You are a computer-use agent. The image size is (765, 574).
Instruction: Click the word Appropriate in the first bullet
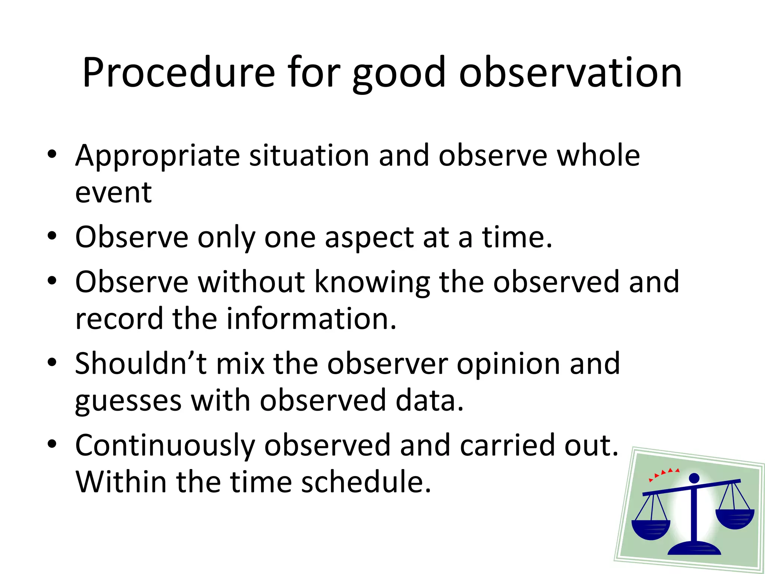[x=157, y=155]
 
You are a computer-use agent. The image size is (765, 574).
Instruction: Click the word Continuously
[x=165, y=445]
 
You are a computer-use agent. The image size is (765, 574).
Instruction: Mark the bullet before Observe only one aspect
[x=52, y=236]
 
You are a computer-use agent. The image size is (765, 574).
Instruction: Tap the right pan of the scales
[x=735, y=518]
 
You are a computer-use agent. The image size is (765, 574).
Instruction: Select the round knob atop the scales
[x=694, y=478]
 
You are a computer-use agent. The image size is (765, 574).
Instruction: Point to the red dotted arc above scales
[x=664, y=473]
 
